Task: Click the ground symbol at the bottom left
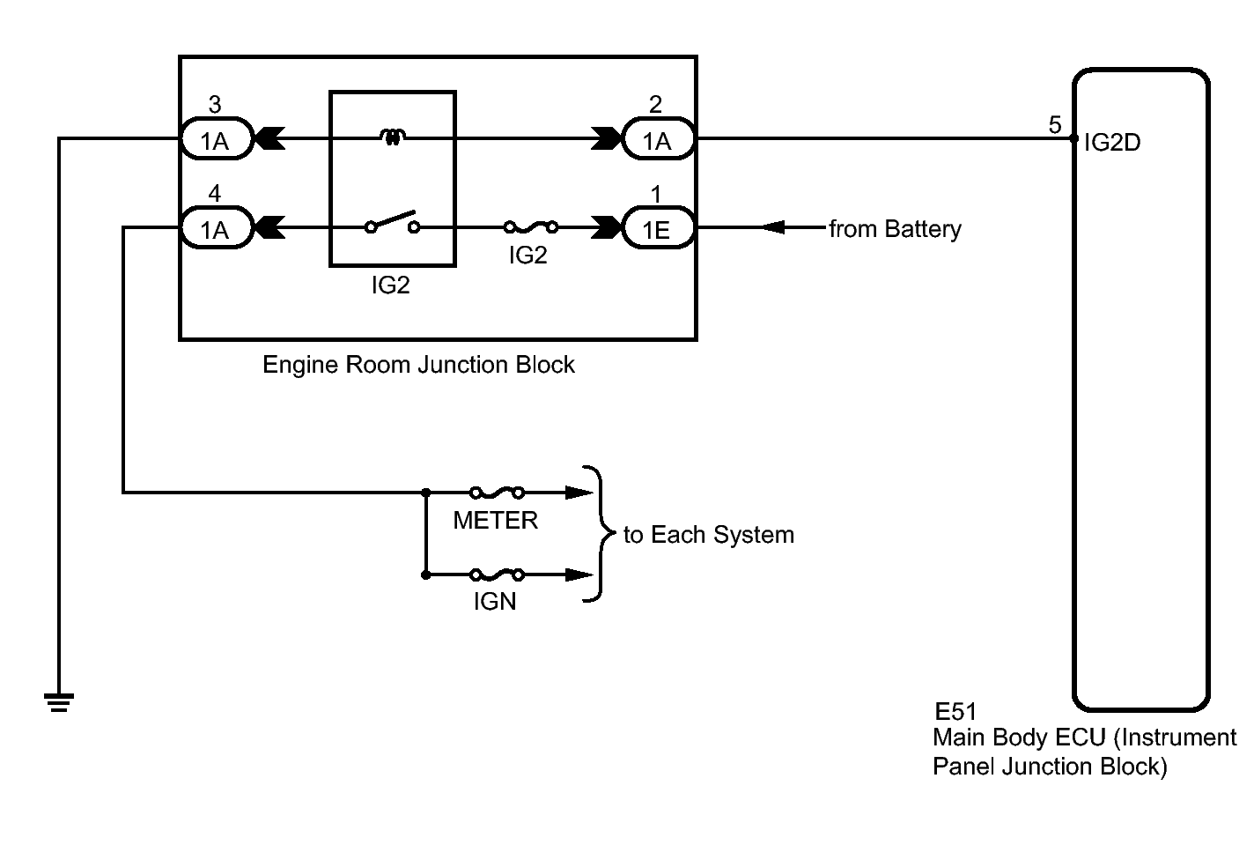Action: point(59,702)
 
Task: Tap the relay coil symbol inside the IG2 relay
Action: point(393,137)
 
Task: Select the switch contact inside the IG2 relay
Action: point(393,223)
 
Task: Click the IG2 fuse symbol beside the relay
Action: point(529,228)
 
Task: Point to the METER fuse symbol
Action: point(497,493)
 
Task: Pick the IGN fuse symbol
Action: point(497,575)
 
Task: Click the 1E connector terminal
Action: point(658,229)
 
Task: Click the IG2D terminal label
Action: point(1112,143)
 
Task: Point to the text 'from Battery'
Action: point(895,229)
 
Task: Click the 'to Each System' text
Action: point(709,535)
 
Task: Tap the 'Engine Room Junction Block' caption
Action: point(418,365)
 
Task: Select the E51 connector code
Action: point(955,712)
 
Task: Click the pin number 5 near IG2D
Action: point(1055,125)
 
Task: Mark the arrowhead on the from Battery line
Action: point(772,228)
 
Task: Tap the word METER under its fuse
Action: point(495,521)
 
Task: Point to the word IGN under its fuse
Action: point(495,603)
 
